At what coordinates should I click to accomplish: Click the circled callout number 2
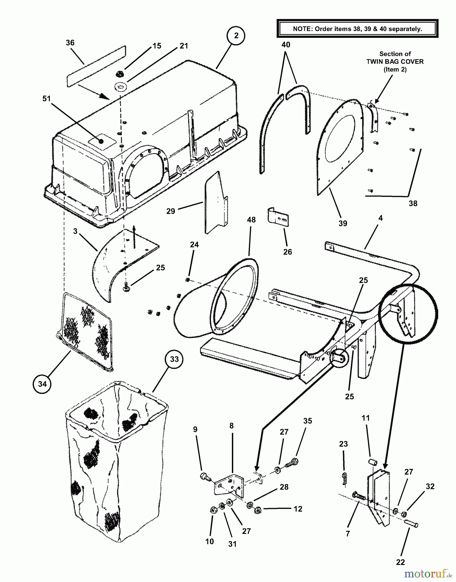click(236, 36)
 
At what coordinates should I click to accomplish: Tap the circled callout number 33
click(174, 359)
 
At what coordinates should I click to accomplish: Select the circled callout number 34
click(42, 384)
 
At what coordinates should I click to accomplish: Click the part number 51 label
click(47, 98)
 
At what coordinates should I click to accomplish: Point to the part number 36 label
click(70, 43)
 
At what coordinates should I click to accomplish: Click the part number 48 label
click(251, 220)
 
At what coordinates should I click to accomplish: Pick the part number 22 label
click(400, 562)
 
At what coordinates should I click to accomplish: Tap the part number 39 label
click(343, 223)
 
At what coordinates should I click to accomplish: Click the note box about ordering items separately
click(357, 29)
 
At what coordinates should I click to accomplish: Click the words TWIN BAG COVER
click(395, 61)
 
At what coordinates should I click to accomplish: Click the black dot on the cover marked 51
click(102, 141)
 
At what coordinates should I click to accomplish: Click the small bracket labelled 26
click(278, 217)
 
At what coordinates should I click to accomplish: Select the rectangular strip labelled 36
click(96, 66)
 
